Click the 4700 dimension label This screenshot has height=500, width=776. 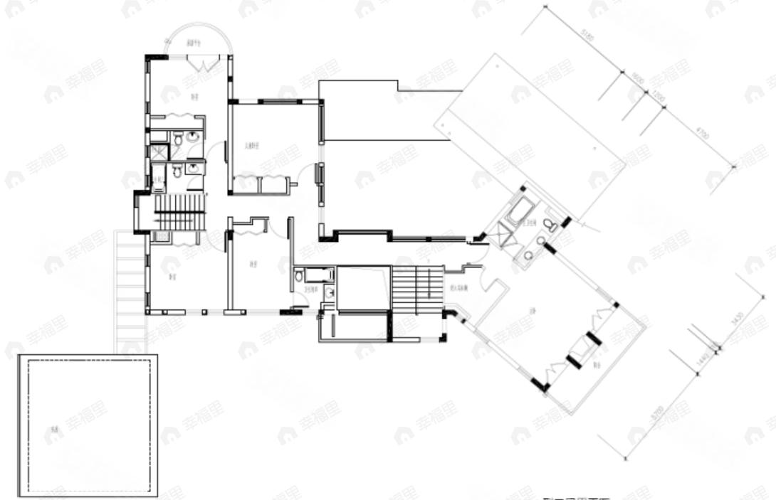point(703,134)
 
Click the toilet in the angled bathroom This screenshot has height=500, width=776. point(550,225)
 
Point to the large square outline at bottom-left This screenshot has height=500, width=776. point(88,425)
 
